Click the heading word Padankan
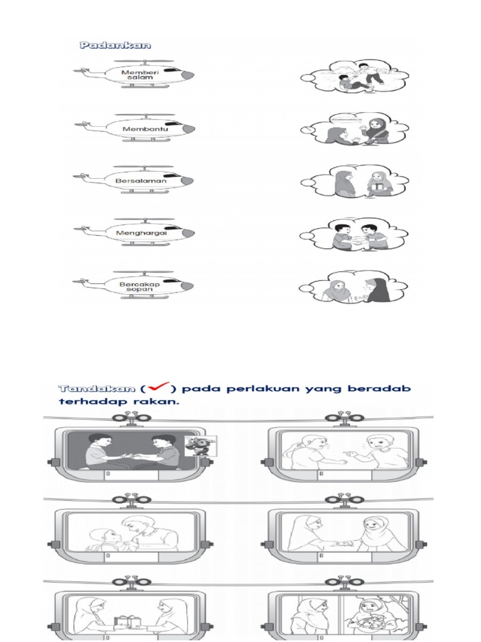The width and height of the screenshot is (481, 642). [x=116, y=45]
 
